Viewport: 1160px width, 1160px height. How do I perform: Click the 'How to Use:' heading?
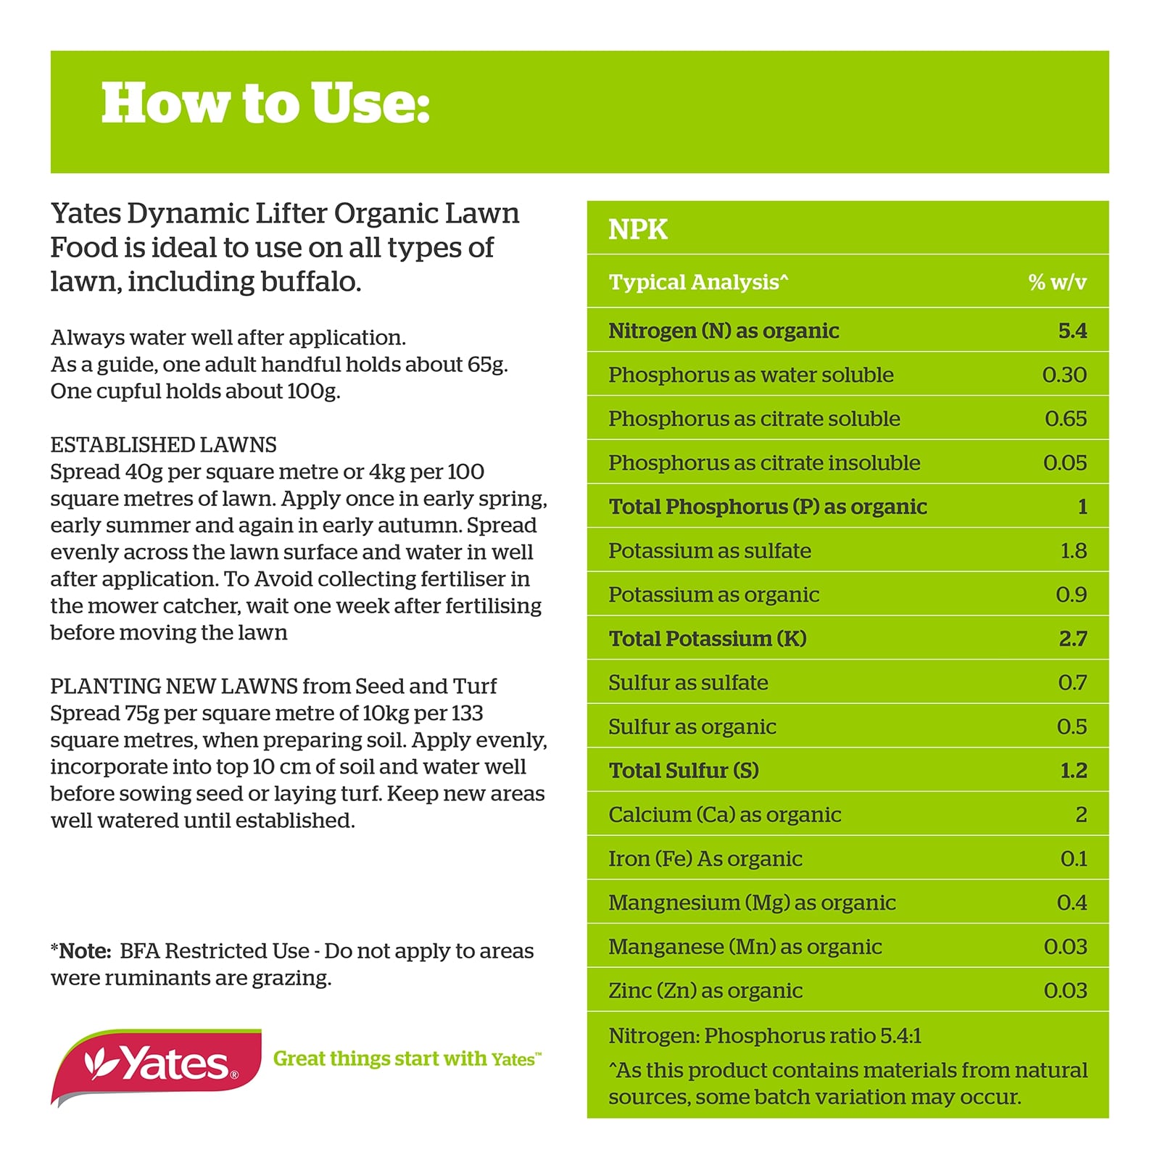click(265, 104)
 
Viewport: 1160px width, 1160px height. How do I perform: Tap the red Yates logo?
click(157, 1066)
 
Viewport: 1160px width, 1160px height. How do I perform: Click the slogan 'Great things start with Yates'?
click(407, 1058)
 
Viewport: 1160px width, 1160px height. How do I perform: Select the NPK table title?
click(637, 229)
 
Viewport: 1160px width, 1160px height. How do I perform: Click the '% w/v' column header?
click(1057, 282)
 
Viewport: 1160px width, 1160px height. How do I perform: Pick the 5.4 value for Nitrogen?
click(1072, 331)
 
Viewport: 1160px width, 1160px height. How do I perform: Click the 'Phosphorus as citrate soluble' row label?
click(754, 418)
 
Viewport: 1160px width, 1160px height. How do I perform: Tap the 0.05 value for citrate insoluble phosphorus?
click(1065, 463)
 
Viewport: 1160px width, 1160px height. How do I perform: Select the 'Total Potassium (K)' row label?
click(708, 639)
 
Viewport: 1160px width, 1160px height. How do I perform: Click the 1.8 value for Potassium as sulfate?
click(1074, 551)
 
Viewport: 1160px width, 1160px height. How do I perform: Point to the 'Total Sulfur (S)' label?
click(684, 770)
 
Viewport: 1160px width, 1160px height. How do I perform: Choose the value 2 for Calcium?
click(1081, 814)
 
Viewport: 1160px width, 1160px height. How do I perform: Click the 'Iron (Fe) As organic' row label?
click(705, 858)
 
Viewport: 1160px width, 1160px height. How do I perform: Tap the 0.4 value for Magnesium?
click(1072, 903)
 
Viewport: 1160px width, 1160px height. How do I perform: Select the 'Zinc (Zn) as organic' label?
click(705, 990)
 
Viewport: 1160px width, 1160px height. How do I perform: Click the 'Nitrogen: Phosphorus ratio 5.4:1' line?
click(765, 1035)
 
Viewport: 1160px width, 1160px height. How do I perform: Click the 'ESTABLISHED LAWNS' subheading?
click(163, 444)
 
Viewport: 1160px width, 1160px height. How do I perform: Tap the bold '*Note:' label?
click(80, 950)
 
